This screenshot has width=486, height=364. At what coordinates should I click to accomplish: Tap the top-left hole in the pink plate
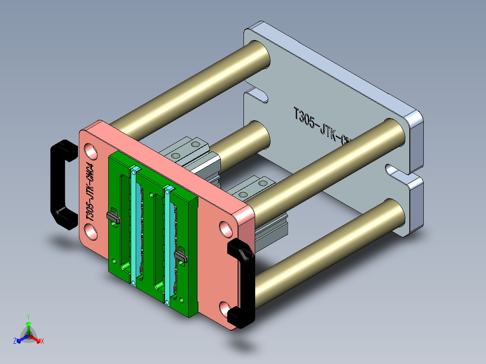[90, 151]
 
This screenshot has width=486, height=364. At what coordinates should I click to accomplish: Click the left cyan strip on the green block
[133, 225]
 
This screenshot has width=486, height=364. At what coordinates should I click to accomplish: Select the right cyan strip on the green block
[168, 246]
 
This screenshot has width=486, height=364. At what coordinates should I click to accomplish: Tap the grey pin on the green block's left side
[113, 217]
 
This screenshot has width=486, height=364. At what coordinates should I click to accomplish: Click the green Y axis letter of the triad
[28, 317]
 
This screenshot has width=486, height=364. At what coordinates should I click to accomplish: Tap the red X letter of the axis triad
[42, 341]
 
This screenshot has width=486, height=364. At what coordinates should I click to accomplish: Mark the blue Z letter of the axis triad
[15, 341]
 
